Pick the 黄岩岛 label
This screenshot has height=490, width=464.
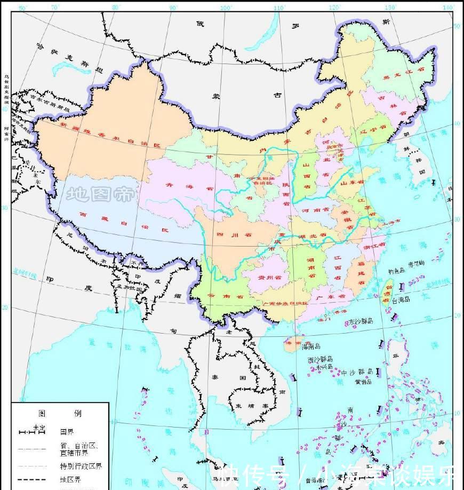(364, 382)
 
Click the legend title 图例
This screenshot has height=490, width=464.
(59, 413)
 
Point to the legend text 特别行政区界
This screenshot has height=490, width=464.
(81, 466)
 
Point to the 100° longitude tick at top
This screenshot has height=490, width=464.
(226, 7)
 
